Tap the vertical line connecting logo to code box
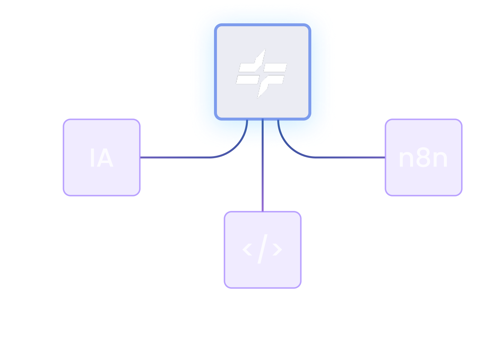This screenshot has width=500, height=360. click(263, 168)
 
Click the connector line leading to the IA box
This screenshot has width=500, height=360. click(178, 157)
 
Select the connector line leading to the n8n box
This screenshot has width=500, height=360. click(350, 157)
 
